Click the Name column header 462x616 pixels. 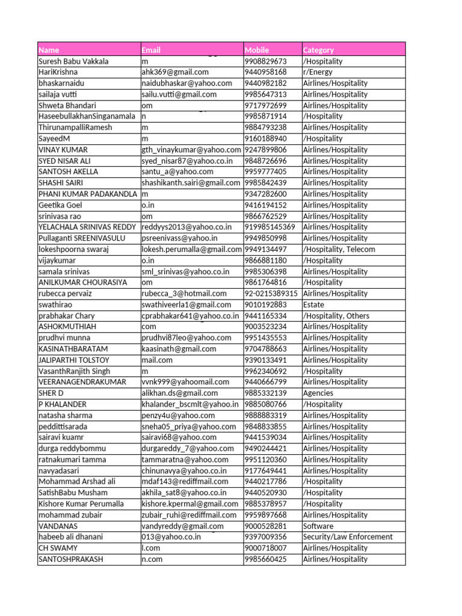49,50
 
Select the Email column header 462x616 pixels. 151,50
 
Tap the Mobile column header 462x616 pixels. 257,50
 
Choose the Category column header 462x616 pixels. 318,50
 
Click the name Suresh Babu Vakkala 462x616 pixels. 74,61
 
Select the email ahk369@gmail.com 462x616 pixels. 175,72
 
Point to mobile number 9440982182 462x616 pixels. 266,83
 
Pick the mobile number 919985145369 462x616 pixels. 270,227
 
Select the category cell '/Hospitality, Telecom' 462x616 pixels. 339,249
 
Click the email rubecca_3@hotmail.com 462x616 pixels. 184,294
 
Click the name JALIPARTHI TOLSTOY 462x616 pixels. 74,360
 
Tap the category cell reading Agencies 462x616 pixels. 318,393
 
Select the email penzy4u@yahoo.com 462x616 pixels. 178,415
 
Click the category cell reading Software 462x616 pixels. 318,526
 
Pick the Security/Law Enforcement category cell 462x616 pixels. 348,537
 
